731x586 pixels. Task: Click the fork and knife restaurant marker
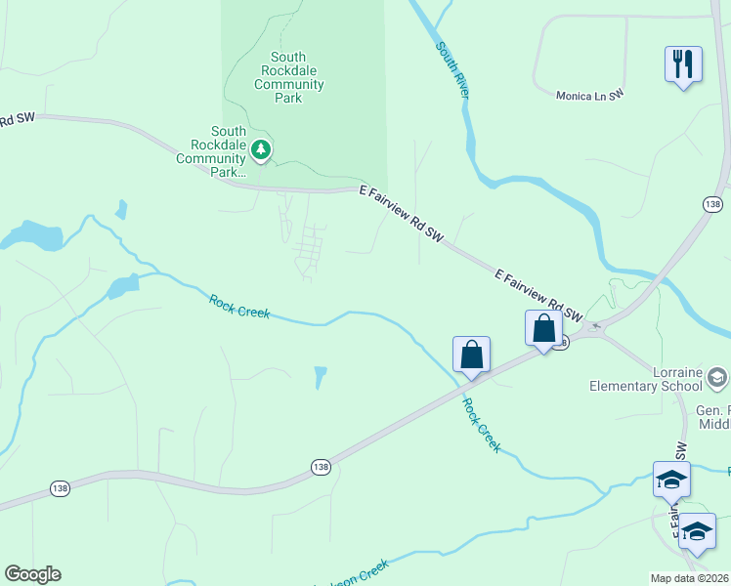coord(682,65)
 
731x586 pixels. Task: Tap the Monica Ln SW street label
coord(589,96)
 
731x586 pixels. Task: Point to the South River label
coord(452,69)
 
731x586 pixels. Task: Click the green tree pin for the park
coord(260,149)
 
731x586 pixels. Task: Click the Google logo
coord(32,574)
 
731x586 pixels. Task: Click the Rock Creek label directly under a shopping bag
coord(482,425)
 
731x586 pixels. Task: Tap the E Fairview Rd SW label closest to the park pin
coord(402,213)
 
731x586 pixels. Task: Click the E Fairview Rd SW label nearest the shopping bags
coord(538,296)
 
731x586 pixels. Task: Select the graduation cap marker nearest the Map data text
coord(696,531)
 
